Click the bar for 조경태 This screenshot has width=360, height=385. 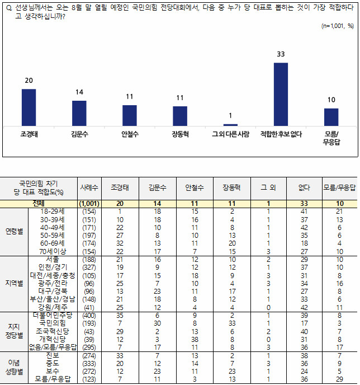point(29,107)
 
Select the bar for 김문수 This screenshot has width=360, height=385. point(79,113)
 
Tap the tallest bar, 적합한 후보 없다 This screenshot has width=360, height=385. point(281,94)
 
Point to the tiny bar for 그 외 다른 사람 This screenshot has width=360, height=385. point(230,125)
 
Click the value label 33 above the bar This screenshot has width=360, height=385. point(281,54)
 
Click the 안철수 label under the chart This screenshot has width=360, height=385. point(130,134)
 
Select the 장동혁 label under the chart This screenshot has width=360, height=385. point(179,134)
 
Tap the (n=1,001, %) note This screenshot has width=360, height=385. point(338,26)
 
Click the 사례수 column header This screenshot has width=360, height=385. point(89,188)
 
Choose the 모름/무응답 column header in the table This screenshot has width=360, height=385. point(339,188)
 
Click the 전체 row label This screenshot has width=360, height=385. point(39,203)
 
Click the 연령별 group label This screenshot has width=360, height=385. point(15,231)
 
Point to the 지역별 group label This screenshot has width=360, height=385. point(15,284)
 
